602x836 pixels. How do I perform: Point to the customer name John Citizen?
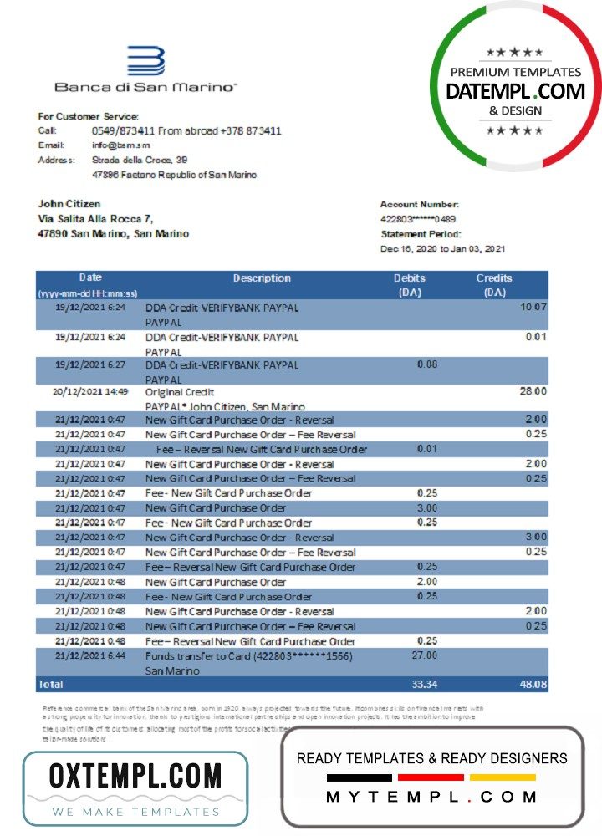point(69,204)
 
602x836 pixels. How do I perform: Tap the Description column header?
point(262,278)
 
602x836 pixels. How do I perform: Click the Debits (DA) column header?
point(410,285)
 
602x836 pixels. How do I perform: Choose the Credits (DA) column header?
point(494,285)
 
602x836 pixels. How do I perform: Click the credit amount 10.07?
point(533,308)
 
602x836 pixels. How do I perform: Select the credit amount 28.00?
point(533,390)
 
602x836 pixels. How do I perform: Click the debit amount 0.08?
point(426,364)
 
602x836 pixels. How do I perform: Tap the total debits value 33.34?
point(425,685)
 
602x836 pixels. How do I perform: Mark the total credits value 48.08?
point(532,685)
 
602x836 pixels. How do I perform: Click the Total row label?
point(51,685)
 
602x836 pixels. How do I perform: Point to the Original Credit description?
point(180,392)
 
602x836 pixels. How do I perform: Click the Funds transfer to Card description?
point(248,656)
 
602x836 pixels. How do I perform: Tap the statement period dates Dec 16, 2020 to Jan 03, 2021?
point(442,249)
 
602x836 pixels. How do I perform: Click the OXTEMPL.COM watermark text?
point(135,777)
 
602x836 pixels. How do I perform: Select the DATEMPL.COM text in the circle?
point(515,92)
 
